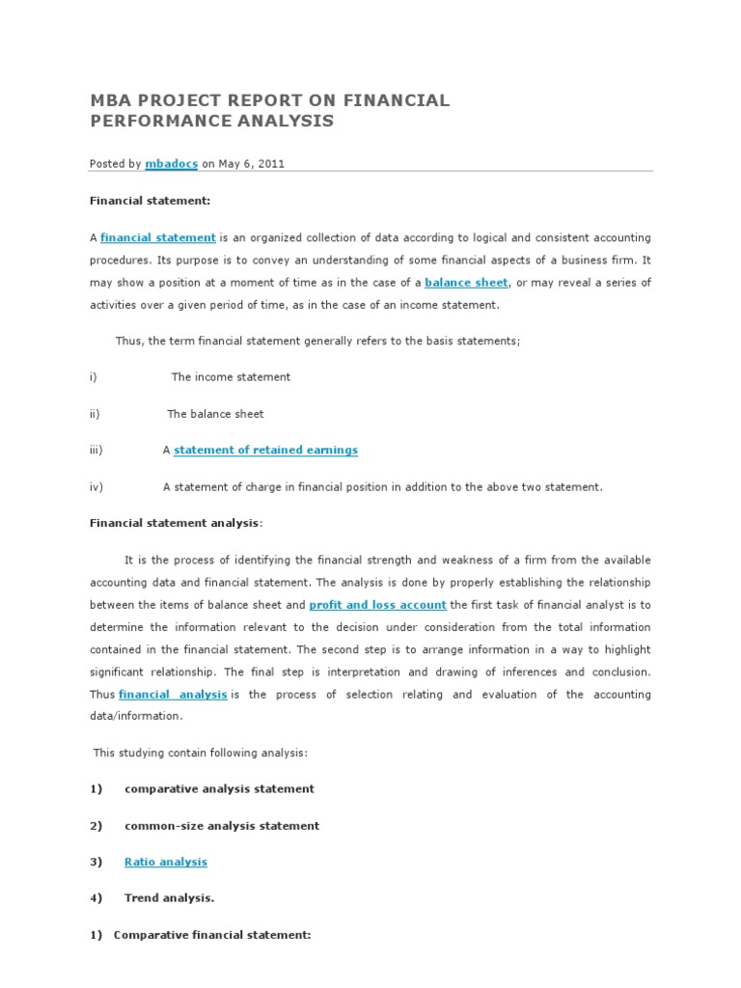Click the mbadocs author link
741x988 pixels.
click(x=171, y=164)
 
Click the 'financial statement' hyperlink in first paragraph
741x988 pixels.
click(x=158, y=237)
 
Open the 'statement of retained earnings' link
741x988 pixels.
click(x=265, y=450)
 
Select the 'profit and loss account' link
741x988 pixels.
click(x=377, y=605)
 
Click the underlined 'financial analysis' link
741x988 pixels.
click(x=173, y=695)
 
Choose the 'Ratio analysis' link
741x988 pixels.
click(x=165, y=862)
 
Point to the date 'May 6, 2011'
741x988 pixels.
click(x=251, y=164)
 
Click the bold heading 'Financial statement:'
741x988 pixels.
click(x=150, y=201)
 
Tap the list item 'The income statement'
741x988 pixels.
click(x=231, y=377)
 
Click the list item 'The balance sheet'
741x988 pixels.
click(x=215, y=414)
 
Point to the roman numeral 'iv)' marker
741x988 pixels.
click(x=96, y=487)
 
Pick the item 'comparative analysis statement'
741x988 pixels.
click(x=219, y=788)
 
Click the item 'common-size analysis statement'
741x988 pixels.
click(x=222, y=826)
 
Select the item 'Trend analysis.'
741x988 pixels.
click(x=169, y=898)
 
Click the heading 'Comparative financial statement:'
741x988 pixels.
click(x=212, y=935)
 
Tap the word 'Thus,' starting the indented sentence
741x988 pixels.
click(x=128, y=342)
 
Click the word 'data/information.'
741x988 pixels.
click(x=135, y=717)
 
